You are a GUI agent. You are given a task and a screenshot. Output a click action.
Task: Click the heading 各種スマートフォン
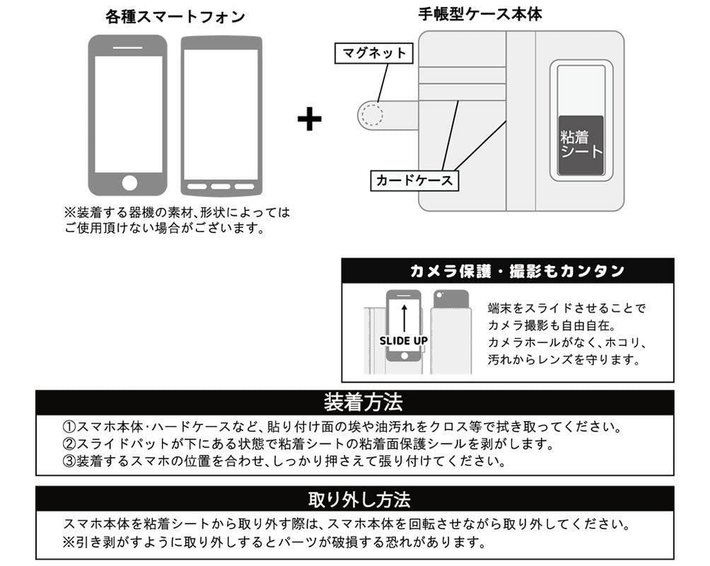pos(175,17)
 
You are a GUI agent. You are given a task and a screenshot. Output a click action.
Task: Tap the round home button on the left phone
pos(129,183)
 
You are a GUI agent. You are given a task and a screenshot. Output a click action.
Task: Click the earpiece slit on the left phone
pos(128,47)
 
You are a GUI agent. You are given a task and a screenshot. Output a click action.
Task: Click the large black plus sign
pos(309,119)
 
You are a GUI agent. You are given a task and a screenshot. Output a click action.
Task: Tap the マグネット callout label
pos(374,53)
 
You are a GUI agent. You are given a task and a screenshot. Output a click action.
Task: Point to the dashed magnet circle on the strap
pos(370,114)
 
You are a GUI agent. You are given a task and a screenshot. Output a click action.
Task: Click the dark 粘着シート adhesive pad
pos(581,146)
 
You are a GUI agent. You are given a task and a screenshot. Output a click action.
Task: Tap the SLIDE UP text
pos(403,340)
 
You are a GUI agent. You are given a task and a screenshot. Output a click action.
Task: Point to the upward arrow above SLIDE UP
pos(403,317)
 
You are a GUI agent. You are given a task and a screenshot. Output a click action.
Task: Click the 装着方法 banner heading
pos(363,403)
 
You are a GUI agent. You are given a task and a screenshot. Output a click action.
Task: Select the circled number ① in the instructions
pos(69,427)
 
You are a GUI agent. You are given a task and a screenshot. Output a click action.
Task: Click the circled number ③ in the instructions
pos(69,461)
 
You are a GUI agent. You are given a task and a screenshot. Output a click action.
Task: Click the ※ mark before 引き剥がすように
pos(69,543)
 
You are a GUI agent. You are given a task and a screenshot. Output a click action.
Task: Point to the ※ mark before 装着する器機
pos(69,212)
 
